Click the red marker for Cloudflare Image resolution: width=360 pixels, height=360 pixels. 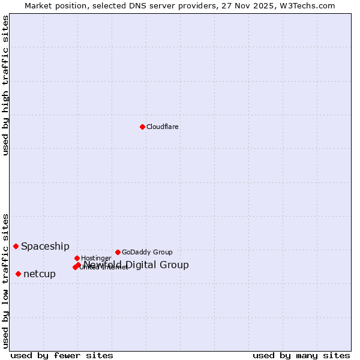[x=142, y=127]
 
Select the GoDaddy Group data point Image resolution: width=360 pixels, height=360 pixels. [x=118, y=252]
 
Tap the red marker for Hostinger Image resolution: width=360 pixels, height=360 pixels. [x=77, y=258]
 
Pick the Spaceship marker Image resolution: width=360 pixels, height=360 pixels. [x=16, y=246]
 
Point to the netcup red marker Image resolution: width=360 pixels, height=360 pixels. [x=19, y=274]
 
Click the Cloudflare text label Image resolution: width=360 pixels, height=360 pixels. [x=163, y=127]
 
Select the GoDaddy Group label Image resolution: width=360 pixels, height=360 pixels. [x=147, y=252]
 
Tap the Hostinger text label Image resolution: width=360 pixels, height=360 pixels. [x=96, y=258]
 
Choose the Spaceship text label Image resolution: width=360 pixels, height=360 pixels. [x=45, y=246]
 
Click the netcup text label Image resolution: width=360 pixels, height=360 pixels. [x=40, y=274]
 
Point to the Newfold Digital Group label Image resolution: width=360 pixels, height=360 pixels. [x=136, y=265]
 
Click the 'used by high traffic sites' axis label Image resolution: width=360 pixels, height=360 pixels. [x=5, y=85]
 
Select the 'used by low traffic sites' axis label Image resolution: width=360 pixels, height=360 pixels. [x=5, y=281]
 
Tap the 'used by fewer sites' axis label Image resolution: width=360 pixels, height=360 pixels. [x=62, y=355]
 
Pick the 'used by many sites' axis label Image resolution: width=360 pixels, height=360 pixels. [x=301, y=355]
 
